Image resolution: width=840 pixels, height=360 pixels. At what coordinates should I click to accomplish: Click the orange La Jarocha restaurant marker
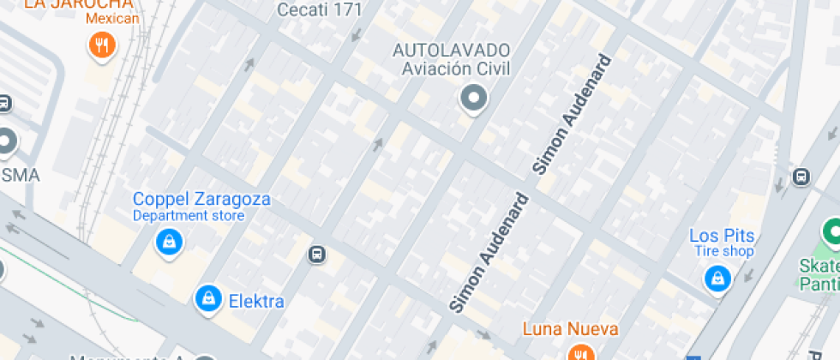tap(102, 45)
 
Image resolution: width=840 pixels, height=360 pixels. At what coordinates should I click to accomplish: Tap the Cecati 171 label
tap(320, 10)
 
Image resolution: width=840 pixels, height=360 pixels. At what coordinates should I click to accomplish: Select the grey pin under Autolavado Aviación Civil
tap(472, 99)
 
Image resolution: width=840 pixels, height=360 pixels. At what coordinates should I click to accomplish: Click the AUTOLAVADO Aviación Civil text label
tap(452, 59)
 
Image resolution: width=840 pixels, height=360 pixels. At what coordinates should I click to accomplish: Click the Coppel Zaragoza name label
tap(201, 200)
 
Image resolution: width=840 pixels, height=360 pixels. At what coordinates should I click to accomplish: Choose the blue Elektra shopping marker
tap(207, 299)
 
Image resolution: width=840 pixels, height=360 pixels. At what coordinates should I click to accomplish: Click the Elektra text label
tap(256, 301)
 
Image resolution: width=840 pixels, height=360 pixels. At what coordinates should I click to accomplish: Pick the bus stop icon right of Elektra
tap(316, 254)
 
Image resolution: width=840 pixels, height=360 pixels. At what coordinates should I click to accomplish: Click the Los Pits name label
tap(722, 236)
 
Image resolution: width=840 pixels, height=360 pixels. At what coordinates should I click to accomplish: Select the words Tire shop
tap(725, 252)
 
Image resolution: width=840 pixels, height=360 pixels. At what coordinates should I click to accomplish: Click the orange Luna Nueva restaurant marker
tap(581, 352)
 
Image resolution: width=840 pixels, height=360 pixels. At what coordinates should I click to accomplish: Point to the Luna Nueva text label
tap(570, 328)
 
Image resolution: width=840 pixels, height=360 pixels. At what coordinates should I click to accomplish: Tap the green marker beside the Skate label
tap(831, 231)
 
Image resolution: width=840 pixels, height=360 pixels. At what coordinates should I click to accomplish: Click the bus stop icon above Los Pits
tap(801, 177)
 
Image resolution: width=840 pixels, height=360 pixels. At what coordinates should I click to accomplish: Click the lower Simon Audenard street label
tap(489, 253)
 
